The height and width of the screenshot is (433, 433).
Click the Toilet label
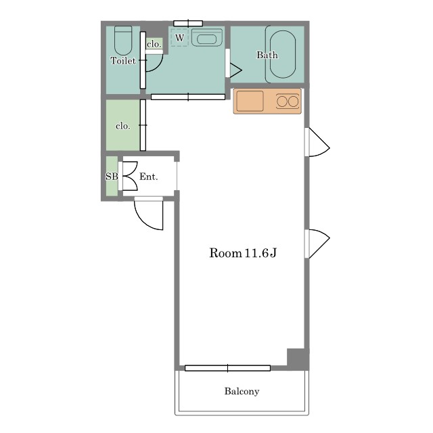click(123, 61)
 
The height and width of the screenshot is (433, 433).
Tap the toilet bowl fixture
click(123, 41)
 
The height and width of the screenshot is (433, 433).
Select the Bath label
click(267, 55)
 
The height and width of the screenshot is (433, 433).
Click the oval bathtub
click(283, 54)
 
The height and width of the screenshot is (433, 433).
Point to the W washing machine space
click(179, 38)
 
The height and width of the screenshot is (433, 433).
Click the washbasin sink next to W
click(207, 37)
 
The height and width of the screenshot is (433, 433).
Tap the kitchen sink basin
click(250, 101)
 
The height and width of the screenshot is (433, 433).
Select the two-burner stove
click(288, 101)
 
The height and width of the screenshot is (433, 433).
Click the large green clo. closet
click(123, 125)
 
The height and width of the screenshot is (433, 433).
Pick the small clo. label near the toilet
click(154, 44)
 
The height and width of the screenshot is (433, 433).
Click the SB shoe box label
click(112, 176)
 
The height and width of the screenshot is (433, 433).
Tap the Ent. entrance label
click(149, 177)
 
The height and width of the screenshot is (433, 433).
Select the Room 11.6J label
click(243, 252)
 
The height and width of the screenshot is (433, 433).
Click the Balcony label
click(242, 391)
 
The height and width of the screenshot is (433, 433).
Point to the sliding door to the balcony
click(227, 368)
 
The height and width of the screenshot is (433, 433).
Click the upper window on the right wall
click(317, 142)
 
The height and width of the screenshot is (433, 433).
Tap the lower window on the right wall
click(317, 244)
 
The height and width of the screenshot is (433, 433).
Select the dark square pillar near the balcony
click(298, 359)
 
